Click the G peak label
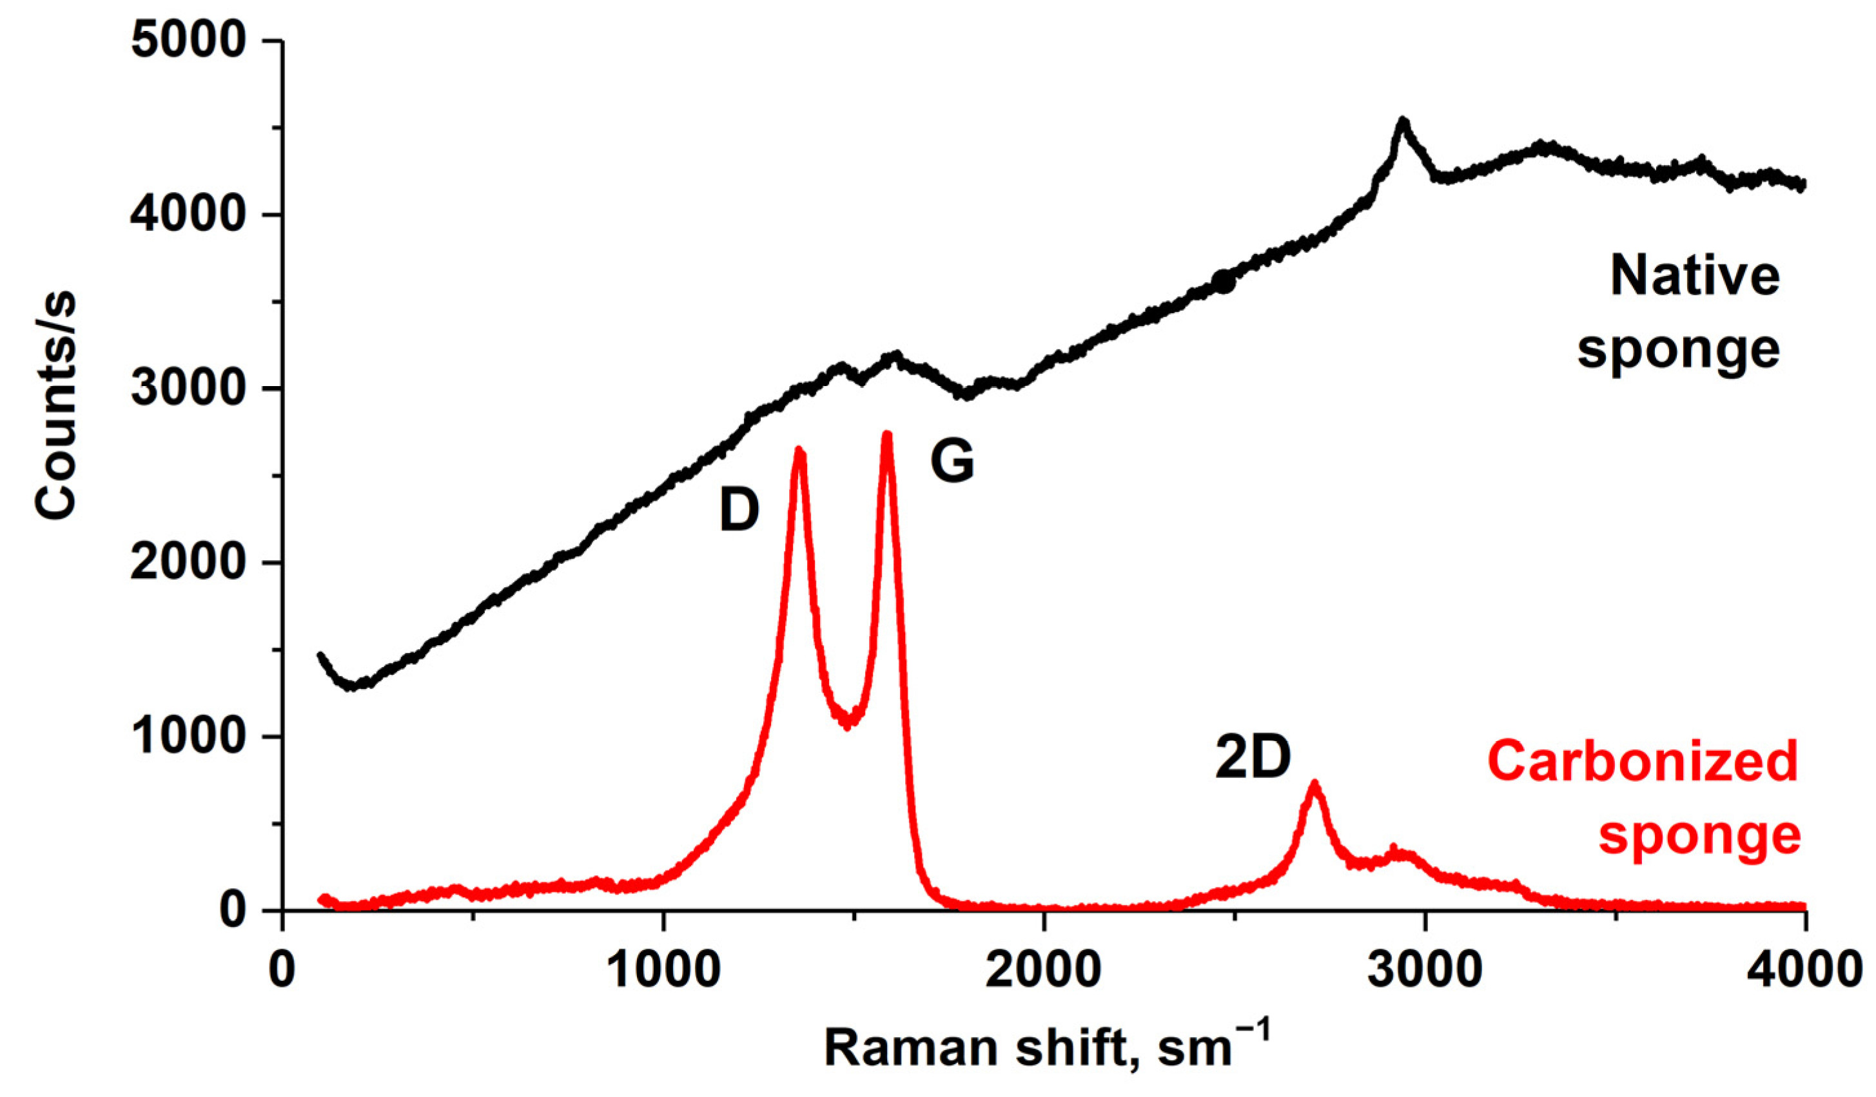pos(952,461)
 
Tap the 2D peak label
pos(1252,759)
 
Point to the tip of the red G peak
pos(886,434)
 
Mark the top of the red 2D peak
pos(1314,783)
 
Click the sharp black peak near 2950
pos(1403,121)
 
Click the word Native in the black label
pos(1694,275)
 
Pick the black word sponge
pos(1678,350)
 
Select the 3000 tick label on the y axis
pos(188,388)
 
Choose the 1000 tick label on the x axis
pos(663,971)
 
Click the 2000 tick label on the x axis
pos(1044,971)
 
